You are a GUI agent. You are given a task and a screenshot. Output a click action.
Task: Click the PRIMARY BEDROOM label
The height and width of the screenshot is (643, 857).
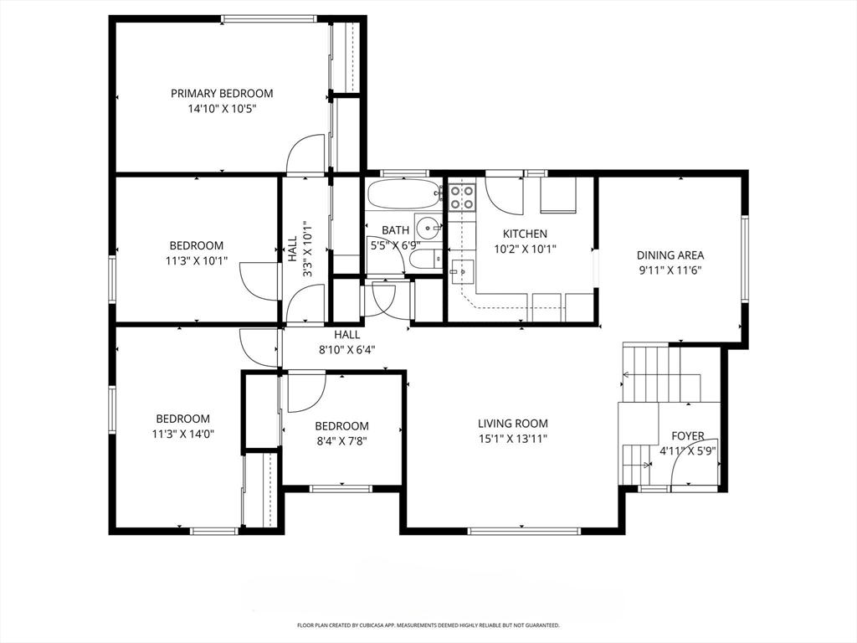coord(222,94)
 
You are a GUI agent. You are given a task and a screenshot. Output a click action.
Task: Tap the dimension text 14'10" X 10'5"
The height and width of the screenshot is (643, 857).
coord(222,108)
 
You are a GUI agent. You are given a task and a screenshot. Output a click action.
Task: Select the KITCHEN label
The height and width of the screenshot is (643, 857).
coord(525,234)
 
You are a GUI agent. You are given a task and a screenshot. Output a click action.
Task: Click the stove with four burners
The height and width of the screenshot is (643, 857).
coord(462,198)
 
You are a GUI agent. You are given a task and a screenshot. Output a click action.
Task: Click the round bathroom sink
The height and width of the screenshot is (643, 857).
coord(429,226)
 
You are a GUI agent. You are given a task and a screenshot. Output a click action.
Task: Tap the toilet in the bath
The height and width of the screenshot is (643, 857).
coord(424,259)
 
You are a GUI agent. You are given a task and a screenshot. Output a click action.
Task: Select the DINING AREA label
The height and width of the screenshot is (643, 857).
coord(670,255)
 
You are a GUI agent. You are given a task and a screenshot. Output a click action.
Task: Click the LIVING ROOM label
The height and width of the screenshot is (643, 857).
coord(513,424)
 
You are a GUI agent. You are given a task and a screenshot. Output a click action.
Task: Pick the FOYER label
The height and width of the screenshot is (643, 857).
coord(688,436)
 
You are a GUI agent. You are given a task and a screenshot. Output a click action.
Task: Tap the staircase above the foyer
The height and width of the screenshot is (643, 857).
coord(654,373)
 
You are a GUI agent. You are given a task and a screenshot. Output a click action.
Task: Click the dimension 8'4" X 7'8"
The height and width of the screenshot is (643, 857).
coord(341,440)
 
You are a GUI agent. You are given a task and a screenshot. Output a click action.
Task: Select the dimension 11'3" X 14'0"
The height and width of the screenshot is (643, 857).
coord(182,434)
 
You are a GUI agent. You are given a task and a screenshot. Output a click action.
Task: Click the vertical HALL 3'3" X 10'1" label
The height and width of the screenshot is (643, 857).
coord(299,246)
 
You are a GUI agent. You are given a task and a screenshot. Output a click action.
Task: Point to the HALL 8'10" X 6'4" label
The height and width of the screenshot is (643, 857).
coord(347,342)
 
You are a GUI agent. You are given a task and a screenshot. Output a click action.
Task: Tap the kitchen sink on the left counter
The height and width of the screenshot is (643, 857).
coord(461,270)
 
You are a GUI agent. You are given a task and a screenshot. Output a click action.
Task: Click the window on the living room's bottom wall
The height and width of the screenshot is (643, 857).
coord(524,531)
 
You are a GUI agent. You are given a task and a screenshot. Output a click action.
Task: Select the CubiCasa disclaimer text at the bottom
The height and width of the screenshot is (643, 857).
coord(428,625)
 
